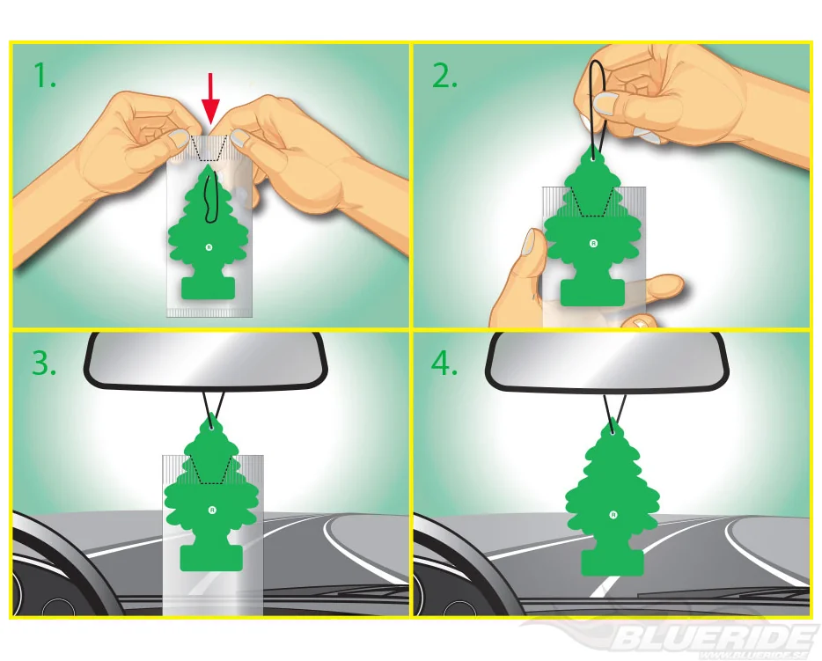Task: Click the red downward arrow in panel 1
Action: point(210,98)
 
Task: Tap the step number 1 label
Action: point(45,76)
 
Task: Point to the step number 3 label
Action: point(44,363)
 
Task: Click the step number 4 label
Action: point(444,363)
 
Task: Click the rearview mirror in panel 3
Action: point(205,361)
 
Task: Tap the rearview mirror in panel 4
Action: point(607,362)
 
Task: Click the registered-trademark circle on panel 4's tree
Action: point(613,515)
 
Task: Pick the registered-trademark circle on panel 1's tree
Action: point(209,247)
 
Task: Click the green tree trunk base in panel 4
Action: point(613,563)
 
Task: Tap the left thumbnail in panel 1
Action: point(179,139)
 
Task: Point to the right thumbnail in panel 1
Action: point(240,138)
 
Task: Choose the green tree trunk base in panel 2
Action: point(593,292)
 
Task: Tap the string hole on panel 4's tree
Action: point(612,432)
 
